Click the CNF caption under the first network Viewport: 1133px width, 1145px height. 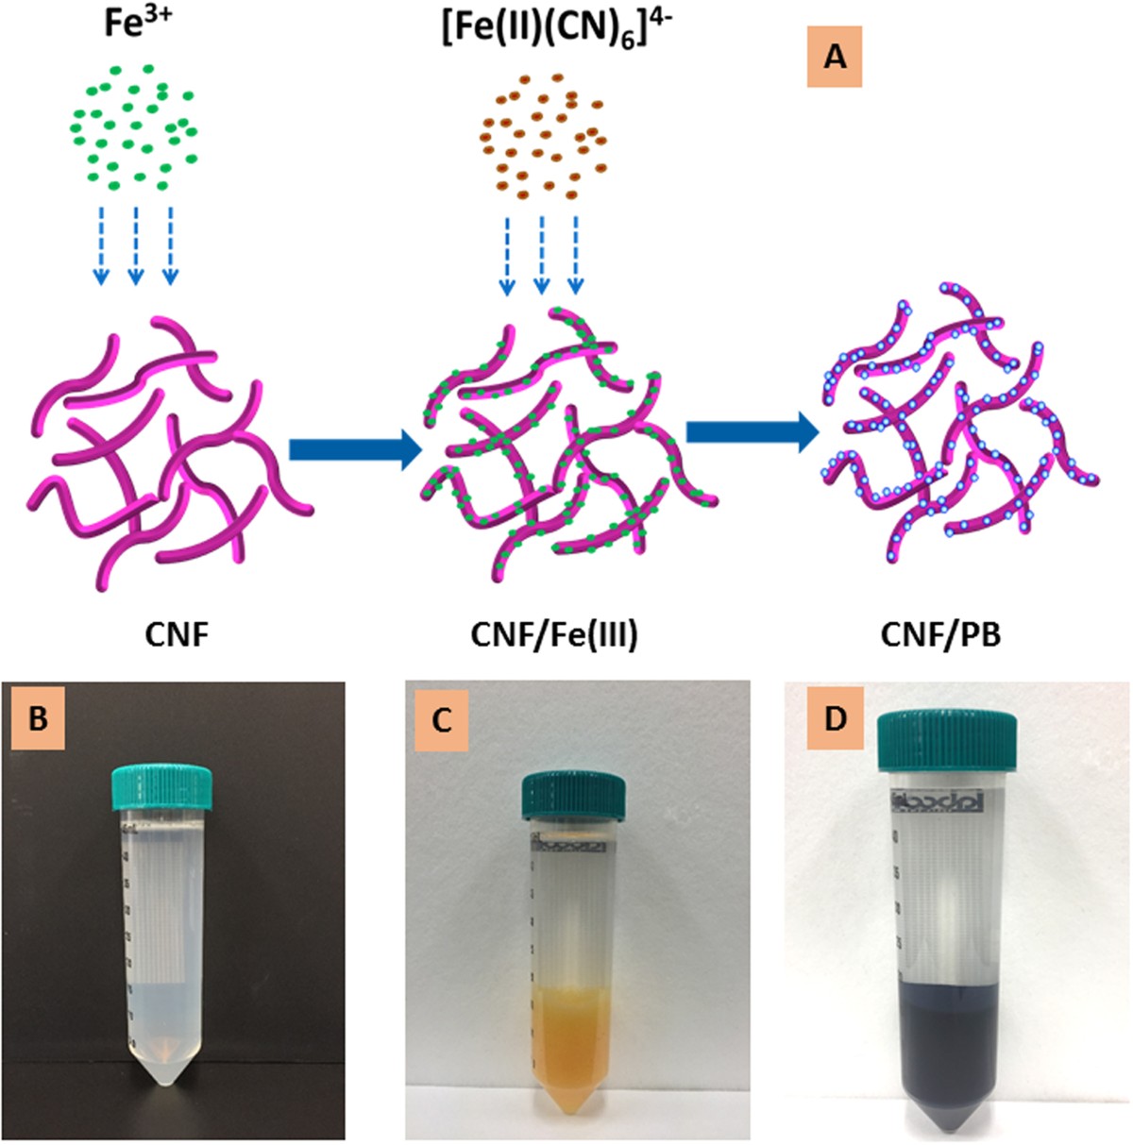(177, 635)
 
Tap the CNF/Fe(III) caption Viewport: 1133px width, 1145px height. (554, 635)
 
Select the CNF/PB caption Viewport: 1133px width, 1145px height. (940, 635)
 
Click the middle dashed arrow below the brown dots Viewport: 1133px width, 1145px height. (541, 256)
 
